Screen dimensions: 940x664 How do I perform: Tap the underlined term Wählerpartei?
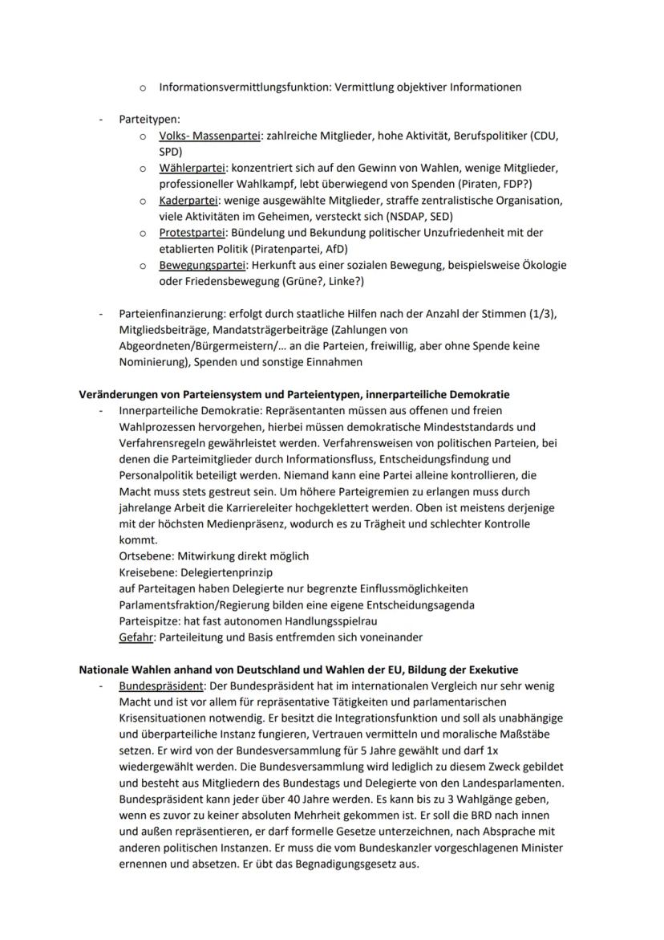192,169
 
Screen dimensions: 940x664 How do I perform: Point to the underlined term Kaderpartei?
188,201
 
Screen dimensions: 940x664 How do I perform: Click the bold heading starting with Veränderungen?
294,395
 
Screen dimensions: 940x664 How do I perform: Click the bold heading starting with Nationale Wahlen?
298,669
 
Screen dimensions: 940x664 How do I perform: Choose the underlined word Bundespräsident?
161,686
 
